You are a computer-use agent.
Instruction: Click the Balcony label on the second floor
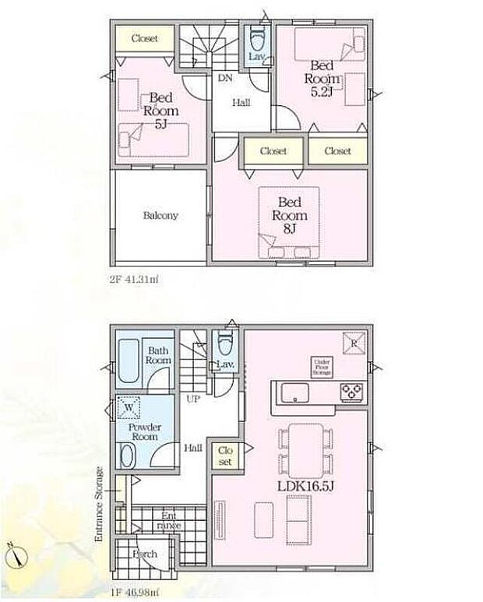(160, 216)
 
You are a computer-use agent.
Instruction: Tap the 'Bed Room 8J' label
(288, 216)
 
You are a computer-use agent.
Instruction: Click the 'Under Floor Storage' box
(322, 368)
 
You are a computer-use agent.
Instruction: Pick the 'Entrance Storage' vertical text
(99, 504)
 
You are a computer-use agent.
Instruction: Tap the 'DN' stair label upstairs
(224, 79)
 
